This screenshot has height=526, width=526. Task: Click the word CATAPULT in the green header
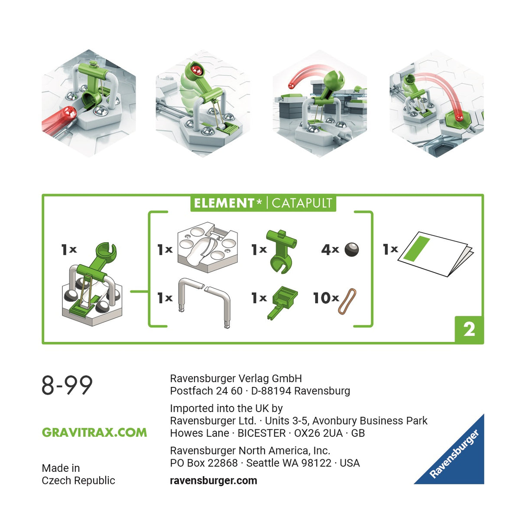point(302,203)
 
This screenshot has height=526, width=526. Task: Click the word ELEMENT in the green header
point(224,203)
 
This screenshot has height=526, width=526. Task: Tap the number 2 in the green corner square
point(469,330)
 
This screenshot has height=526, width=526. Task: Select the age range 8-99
point(67,385)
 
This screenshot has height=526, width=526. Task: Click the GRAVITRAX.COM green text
point(94,432)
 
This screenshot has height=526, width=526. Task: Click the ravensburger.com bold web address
point(214,481)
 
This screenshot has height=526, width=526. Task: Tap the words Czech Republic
point(78,481)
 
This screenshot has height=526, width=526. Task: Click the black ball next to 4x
point(351,250)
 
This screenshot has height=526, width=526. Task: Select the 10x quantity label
point(326,298)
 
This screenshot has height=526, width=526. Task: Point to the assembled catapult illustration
point(92,286)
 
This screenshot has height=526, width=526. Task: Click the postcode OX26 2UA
point(318,433)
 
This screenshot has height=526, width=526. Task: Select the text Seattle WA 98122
point(289,463)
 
